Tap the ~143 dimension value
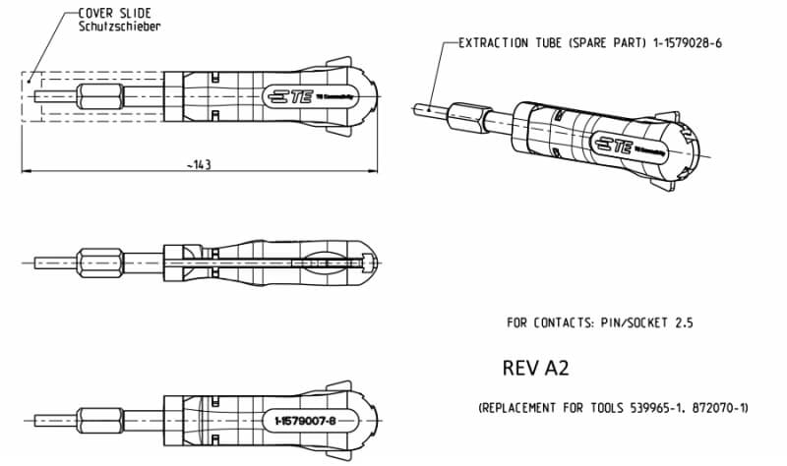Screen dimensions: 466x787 point(199,163)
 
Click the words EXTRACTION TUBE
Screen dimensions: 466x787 point(503,44)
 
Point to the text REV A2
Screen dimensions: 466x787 point(536,368)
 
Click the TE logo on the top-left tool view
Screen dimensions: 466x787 point(290,96)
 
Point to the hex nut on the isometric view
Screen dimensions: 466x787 point(464,115)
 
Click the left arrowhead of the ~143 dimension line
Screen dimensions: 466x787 point(28,172)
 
